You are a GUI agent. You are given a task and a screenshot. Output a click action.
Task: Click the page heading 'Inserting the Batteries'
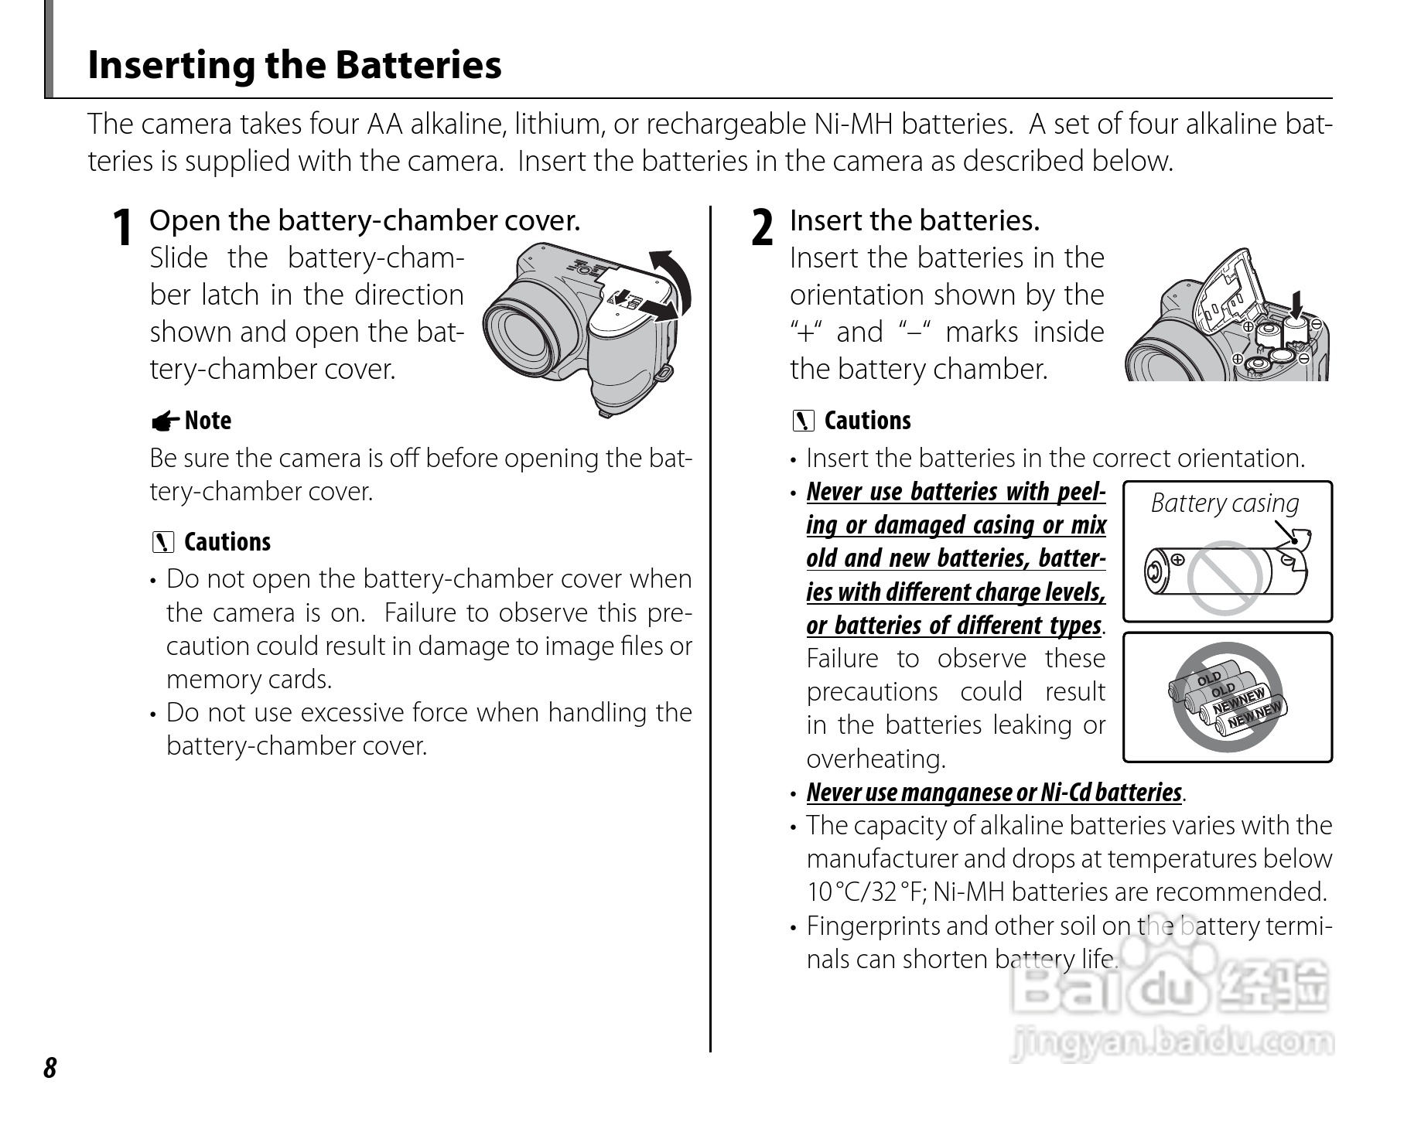(294, 65)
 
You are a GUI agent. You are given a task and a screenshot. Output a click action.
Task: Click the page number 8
(50, 1068)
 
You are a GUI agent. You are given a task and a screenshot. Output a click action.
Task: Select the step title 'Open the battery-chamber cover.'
(364, 221)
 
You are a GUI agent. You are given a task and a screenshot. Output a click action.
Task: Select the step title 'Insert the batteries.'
(914, 221)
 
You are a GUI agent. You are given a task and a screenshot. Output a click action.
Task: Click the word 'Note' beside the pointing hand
(208, 421)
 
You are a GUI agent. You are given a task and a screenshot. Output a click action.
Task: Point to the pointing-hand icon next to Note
(165, 421)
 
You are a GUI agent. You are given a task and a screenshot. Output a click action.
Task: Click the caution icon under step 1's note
(163, 542)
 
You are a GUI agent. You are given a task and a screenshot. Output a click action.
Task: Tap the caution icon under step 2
(804, 421)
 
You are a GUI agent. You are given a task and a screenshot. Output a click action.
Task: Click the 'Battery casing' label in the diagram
(1225, 503)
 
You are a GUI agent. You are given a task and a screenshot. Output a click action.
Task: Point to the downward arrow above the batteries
(1297, 307)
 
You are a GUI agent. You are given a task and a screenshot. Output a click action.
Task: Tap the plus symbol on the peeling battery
(1177, 559)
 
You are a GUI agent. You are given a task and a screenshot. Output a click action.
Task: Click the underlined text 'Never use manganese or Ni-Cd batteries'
(994, 793)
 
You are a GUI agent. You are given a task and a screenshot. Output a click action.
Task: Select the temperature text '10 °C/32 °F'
(866, 892)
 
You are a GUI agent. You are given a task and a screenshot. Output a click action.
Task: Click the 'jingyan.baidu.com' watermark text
(1171, 1043)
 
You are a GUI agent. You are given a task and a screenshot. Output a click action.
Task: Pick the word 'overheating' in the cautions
(875, 759)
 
